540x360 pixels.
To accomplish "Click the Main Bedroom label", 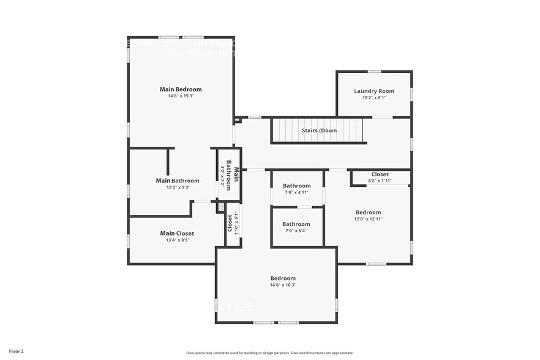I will [x=181, y=89].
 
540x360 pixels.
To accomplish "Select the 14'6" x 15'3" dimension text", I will [x=181, y=96].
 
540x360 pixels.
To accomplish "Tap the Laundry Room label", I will [x=374, y=91].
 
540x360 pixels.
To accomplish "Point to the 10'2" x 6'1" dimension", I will [x=374, y=97].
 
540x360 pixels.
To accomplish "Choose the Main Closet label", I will [x=177, y=233].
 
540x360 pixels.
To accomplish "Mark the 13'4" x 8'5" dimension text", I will [x=177, y=240].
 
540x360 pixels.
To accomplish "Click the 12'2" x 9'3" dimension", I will [x=178, y=187].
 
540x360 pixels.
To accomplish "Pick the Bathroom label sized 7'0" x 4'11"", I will [x=297, y=186].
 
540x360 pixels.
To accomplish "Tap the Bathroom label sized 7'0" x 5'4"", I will [x=296, y=224].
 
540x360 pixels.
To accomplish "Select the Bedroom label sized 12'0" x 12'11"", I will [x=369, y=212].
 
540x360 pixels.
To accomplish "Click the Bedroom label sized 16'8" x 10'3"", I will [x=283, y=278].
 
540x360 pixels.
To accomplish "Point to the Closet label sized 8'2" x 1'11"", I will [x=380, y=174].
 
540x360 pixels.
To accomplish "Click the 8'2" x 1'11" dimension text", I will [x=380, y=181].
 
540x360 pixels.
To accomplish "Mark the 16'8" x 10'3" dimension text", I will [x=283, y=285].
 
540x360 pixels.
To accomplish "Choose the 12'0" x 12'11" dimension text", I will [x=369, y=219].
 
